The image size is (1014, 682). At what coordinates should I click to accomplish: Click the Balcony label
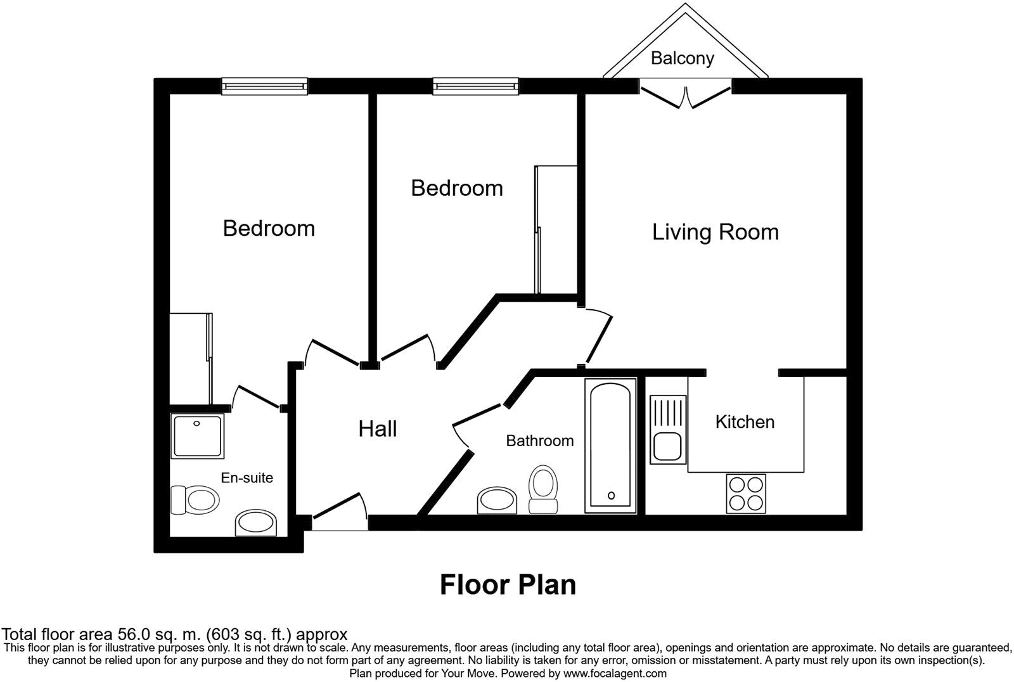(x=682, y=58)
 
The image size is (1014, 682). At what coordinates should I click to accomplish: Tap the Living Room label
(x=715, y=232)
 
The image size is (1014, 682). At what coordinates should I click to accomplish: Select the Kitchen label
(x=745, y=422)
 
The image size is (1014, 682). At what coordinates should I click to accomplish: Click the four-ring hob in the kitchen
(x=745, y=494)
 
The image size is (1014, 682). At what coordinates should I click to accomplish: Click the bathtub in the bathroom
(x=610, y=446)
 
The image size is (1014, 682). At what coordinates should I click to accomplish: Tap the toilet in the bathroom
(x=542, y=489)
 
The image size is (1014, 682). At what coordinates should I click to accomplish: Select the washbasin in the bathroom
(x=497, y=501)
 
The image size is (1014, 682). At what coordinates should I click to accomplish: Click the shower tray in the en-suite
(x=198, y=436)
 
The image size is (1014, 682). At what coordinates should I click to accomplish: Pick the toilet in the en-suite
(x=195, y=500)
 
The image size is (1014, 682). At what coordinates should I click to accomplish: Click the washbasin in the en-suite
(x=256, y=524)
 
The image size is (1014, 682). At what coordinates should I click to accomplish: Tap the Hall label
(x=378, y=429)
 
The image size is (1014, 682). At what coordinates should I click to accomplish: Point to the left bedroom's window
(x=264, y=86)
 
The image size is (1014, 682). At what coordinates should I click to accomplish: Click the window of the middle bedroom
(x=475, y=86)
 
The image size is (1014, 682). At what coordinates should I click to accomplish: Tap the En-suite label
(x=247, y=477)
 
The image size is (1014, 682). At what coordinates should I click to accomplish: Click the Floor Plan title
(x=508, y=584)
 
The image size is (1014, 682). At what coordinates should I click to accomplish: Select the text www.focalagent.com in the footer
(x=614, y=674)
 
